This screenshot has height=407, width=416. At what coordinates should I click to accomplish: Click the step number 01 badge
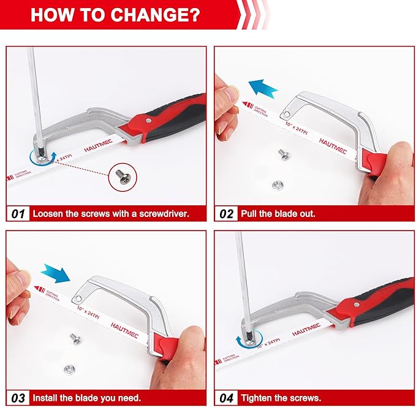pos(18,214)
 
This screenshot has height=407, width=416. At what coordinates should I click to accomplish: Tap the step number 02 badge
pos(226,214)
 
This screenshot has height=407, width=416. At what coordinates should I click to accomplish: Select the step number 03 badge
pos(18,398)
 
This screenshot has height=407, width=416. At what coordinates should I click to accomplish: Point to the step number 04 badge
pos(226,398)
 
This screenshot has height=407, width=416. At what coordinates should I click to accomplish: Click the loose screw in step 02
pos(283,154)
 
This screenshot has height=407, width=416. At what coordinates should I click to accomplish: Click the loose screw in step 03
pos(75,336)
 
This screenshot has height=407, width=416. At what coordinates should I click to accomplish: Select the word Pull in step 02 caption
pos(250,214)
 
